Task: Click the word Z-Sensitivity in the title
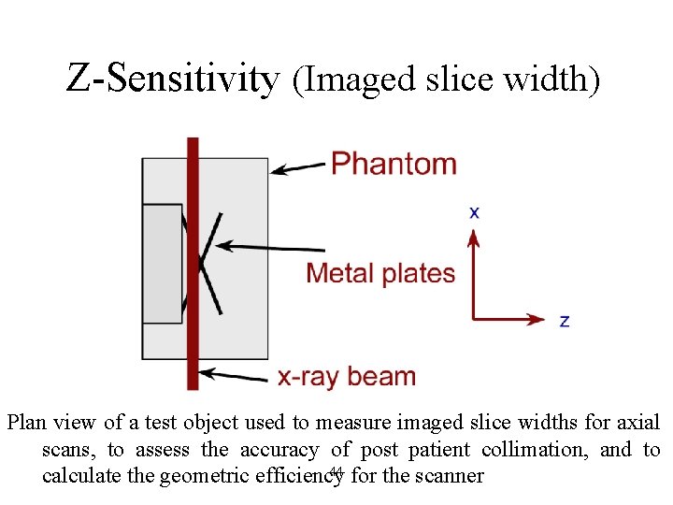pos(172,79)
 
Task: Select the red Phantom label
pos(394,164)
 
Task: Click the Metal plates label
pos(380,273)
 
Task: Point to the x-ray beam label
pos(347,377)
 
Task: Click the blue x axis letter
pos(475,213)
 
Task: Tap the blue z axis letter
pos(564,321)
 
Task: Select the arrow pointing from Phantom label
pos(298,168)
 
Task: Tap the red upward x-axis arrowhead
pos(474,241)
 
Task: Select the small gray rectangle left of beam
pos(162,264)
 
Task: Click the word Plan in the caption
pos(28,423)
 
